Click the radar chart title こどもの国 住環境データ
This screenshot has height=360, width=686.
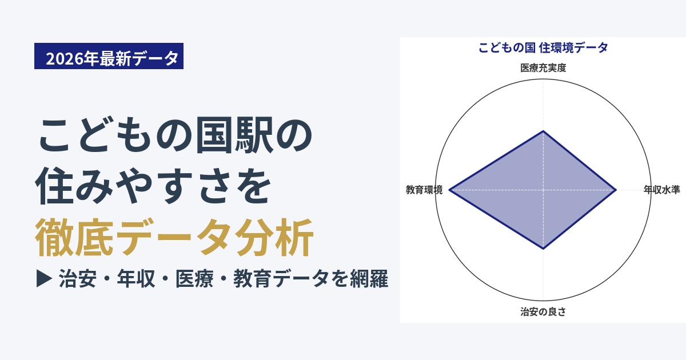point(543,48)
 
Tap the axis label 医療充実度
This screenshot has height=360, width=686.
point(543,67)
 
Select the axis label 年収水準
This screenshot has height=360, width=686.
point(661,190)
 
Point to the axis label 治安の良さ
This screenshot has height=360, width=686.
point(543,311)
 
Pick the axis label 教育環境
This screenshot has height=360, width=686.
point(424,190)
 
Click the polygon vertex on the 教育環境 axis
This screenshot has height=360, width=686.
point(449,190)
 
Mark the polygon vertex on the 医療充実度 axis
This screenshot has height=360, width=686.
point(543,131)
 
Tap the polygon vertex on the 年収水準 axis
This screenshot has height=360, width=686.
point(616,190)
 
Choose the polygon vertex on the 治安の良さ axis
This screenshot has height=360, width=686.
point(543,249)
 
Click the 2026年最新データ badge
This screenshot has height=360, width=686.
point(109,56)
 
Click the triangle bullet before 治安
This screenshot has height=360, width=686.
point(44,279)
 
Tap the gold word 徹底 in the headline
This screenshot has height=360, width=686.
point(74,237)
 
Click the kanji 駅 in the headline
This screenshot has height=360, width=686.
point(254,135)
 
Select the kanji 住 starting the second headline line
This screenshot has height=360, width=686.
point(54,186)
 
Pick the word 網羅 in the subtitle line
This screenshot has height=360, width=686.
point(369,279)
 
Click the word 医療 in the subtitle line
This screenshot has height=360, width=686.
point(194,279)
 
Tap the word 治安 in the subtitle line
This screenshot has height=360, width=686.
point(78,279)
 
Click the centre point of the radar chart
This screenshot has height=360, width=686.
point(543,190)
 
